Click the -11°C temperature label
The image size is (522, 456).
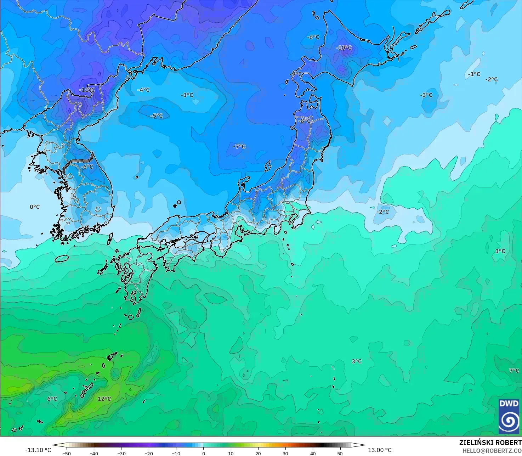[87, 90]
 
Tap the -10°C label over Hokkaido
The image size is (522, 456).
[344, 48]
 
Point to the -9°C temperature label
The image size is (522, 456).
[296, 74]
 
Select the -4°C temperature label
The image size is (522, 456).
[143, 90]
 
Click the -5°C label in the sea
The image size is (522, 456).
[157, 116]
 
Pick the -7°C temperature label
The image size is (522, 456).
[239, 146]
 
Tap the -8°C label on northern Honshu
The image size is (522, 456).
[304, 121]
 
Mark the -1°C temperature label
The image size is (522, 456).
[474, 74]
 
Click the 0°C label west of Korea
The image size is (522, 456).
[35, 207]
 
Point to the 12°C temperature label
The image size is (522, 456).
[104, 399]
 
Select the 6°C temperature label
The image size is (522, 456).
[52, 399]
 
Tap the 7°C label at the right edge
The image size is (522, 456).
[514, 371]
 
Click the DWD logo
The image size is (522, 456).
[509, 416]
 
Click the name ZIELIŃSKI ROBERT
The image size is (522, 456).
[490, 443]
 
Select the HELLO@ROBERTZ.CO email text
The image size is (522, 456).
[492, 450]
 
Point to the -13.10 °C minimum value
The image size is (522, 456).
[38, 450]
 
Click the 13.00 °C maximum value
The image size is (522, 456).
[380, 450]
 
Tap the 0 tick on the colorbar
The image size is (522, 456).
[204, 453]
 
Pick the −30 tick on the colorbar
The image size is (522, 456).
[121, 453]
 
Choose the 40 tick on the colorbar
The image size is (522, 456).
[313, 453]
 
